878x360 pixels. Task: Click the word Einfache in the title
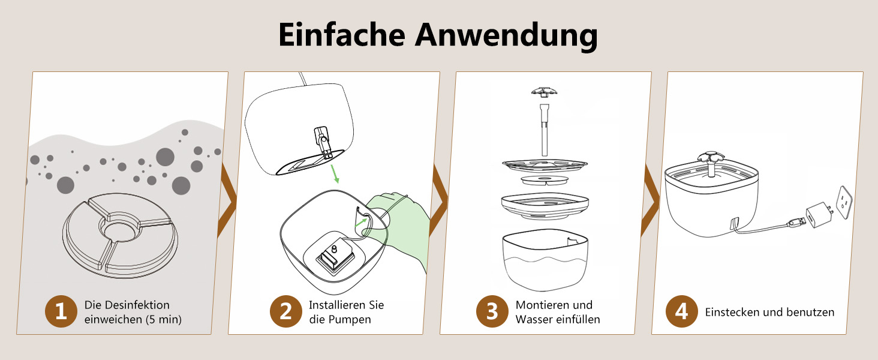point(342,35)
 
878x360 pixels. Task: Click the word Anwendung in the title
point(506,36)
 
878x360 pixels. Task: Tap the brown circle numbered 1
point(61,311)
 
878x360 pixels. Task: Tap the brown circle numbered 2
point(285,311)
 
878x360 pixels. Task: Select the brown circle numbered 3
point(492,311)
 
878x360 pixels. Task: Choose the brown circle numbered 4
point(682,311)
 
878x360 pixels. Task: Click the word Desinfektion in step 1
point(137,305)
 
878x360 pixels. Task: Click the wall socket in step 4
point(844,202)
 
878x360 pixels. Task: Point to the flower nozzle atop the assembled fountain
point(710,158)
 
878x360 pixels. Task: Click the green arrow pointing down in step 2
point(335,174)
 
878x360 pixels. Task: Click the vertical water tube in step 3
point(544,130)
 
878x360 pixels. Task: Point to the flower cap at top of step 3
point(544,92)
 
